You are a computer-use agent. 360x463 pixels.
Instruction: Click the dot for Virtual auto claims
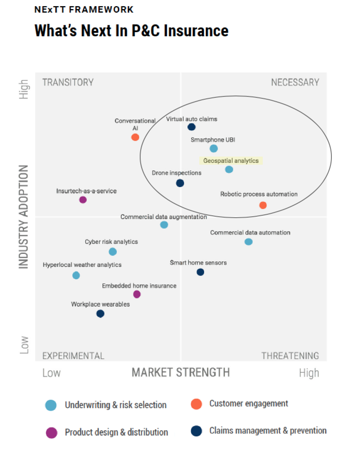[x=191, y=127]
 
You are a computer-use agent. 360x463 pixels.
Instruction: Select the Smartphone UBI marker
[x=214, y=148]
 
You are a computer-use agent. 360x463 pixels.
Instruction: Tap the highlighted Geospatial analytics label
[x=231, y=161]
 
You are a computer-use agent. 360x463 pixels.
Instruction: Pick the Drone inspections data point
[x=180, y=183]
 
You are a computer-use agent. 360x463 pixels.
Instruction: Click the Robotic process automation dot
[x=263, y=205]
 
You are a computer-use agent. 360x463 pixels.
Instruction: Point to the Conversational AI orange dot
[x=135, y=137]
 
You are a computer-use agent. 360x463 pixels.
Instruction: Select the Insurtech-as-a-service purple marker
[x=83, y=200]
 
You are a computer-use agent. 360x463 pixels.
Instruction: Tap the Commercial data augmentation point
[x=164, y=225]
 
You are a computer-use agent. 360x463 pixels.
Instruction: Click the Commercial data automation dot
[x=248, y=242]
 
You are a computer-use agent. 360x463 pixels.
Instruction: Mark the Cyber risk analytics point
[x=113, y=252]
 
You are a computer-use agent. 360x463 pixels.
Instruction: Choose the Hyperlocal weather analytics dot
[x=76, y=275]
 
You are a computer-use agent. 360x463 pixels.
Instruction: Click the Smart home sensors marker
[x=200, y=272]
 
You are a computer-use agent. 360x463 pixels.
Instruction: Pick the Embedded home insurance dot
[x=137, y=294]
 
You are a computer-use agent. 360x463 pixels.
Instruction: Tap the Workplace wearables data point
[x=100, y=314]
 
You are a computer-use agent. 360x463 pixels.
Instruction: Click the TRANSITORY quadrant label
[x=68, y=82]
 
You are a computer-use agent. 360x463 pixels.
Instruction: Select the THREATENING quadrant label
[x=290, y=356]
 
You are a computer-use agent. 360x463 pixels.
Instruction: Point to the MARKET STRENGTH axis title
[x=181, y=372]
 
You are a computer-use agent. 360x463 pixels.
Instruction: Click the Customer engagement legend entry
[x=248, y=404]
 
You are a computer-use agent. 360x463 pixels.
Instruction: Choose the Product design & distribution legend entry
[x=116, y=432]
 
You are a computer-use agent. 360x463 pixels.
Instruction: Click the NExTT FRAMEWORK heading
[x=84, y=10]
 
